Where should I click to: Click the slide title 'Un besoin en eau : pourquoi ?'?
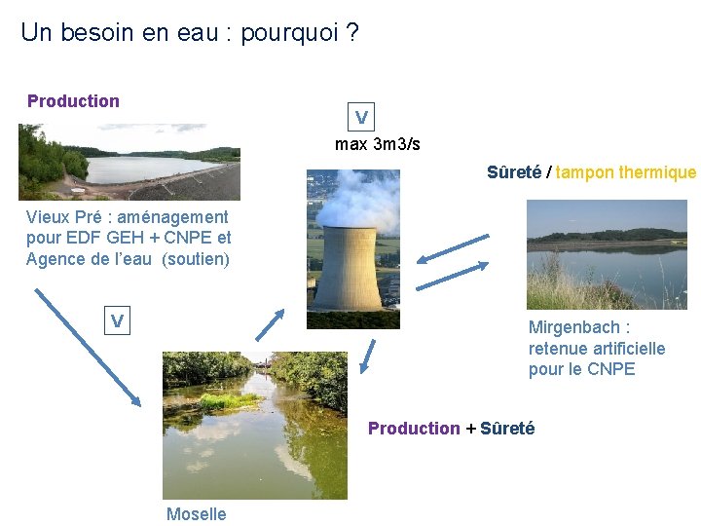pos(189,33)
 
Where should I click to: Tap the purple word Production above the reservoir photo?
pos(73,101)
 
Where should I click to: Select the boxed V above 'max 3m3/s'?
pos(361,118)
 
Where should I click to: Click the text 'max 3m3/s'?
pos(378,145)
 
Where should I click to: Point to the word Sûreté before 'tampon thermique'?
pos(515,173)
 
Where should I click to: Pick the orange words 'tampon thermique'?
pos(626,173)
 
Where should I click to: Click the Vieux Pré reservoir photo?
pos(129,162)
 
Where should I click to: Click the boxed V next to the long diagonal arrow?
pos(117,320)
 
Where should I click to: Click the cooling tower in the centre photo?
pos(350,268)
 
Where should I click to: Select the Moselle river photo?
pos(254,425)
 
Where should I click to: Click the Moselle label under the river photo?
pos(196,514)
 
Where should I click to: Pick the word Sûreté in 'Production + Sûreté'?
pos(507,429)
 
